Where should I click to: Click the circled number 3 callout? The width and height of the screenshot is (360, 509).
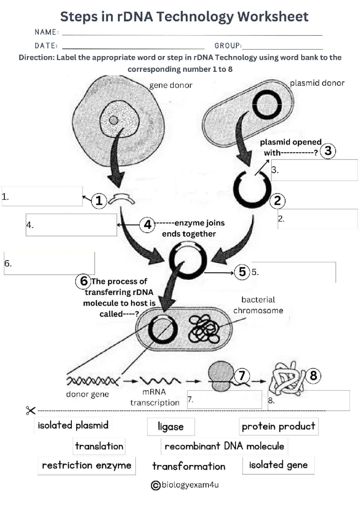pos(328,151)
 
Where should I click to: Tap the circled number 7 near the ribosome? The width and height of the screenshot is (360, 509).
pos(242,375)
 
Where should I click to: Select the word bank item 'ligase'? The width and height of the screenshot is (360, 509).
pos(171,427)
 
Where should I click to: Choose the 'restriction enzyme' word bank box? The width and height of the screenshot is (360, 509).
pos(87,466)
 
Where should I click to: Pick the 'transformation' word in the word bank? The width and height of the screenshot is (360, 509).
pos(189,466)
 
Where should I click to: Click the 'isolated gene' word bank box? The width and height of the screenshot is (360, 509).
pos(278,465)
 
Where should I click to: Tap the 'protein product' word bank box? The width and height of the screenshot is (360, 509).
pos(278,426)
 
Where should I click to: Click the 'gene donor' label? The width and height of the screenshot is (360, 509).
pos(171,85)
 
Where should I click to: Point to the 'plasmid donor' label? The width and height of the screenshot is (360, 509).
pos(317,83)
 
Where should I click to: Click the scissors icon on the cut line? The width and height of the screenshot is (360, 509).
pos(31,410)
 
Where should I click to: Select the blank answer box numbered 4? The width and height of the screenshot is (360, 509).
pos(71,225)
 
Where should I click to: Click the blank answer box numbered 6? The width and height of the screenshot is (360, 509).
pos(49,263)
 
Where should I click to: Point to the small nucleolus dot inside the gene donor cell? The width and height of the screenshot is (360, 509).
pos(114,120)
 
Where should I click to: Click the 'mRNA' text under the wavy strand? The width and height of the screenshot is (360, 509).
pos(154,392)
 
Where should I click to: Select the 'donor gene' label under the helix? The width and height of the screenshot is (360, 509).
pos(87,394)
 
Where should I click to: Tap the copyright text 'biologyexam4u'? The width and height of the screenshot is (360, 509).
pos(190,485)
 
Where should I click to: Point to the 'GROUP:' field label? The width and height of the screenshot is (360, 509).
pos(228,46)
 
